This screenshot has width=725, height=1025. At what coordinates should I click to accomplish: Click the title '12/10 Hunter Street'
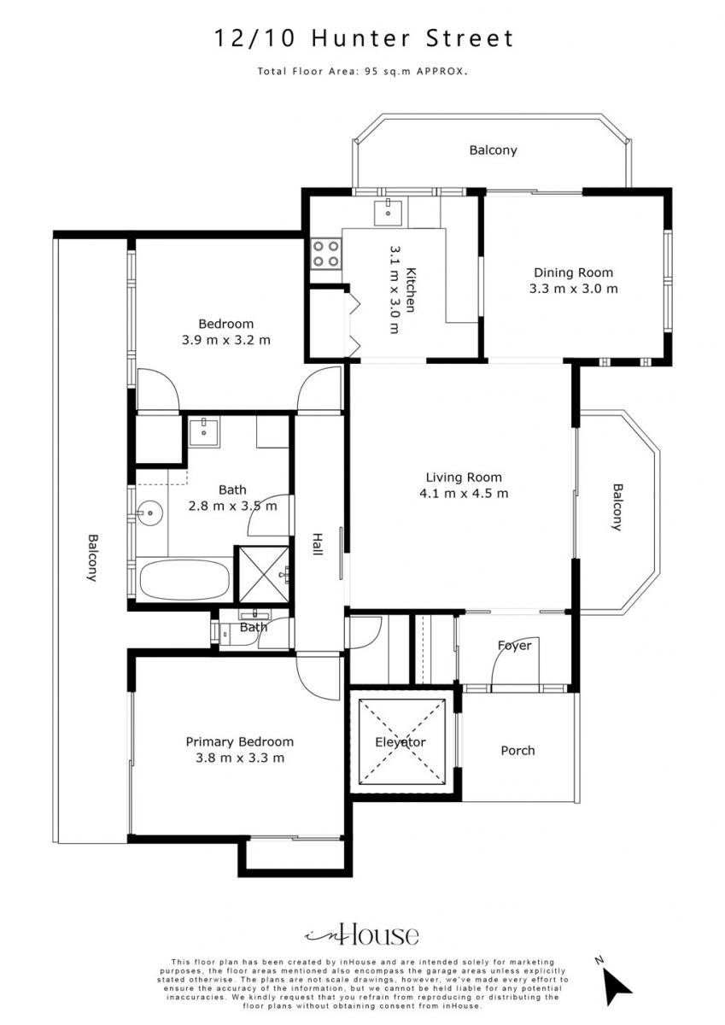[364, 38]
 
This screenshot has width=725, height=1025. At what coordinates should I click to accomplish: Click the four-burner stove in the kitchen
[326, 254]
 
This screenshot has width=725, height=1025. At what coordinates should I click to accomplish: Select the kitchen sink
[388, 213]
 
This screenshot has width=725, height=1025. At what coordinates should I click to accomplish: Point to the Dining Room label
[574, 272]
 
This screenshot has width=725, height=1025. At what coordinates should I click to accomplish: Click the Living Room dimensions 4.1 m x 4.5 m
[464, 494]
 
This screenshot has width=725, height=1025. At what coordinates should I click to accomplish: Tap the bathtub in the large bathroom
[184, 580]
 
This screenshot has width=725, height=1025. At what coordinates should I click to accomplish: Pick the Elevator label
[401, 741]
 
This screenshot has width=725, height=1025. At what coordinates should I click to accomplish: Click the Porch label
[517, 751]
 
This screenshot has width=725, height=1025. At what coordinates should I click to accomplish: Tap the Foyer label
[515, 645]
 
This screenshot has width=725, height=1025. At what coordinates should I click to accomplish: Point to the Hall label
[317, 544]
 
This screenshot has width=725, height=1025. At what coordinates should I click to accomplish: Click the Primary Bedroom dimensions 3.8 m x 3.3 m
[240, 758]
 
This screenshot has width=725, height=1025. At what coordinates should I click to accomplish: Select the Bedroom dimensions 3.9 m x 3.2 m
[226, 340]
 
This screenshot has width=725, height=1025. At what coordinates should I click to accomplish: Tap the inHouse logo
[362, 922]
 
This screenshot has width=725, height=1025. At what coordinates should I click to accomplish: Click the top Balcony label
[493, 150]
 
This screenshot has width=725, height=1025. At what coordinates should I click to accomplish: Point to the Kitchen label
[411, 290]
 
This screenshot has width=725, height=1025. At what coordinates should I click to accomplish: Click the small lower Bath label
[254, 627]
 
